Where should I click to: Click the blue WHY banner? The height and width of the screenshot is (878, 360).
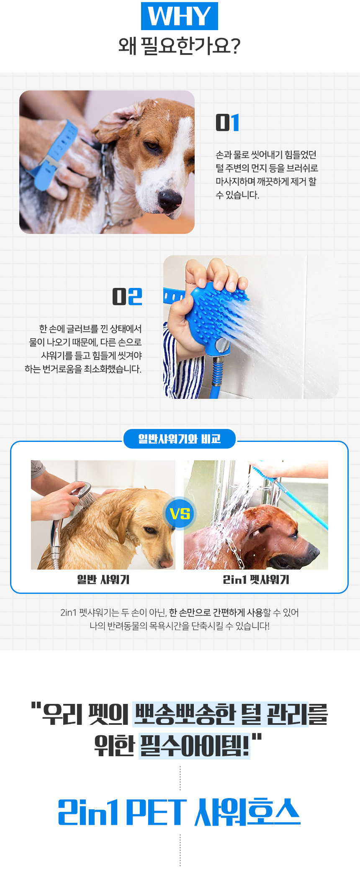point(180,16)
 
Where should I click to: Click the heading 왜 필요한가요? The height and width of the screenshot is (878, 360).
point(179,46)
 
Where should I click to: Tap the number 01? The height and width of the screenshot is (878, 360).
point(228,123)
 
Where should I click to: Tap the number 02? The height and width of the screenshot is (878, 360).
point(127,297)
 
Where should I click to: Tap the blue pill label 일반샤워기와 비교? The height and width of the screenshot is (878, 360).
point(180,439)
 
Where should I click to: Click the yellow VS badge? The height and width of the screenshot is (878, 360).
point(180,513)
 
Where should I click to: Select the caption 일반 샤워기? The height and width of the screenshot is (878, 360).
point(103,580)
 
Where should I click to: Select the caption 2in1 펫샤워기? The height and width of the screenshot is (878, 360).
point(256,580)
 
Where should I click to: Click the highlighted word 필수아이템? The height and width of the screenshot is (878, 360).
point(194,745)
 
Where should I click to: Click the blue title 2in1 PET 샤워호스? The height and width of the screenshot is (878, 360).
point(179,812)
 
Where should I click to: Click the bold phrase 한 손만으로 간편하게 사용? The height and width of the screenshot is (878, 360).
point(216,613)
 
